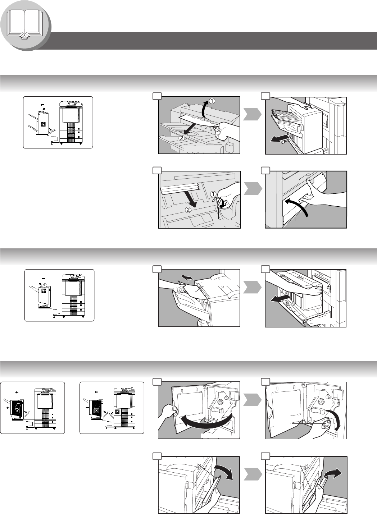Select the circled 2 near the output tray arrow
pos(181,138)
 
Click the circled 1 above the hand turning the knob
pos(213,194)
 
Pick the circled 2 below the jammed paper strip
pos(188,210)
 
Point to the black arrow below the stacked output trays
pos(279,138)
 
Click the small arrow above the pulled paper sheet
pos(187,277)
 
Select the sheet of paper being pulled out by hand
pos(192,290)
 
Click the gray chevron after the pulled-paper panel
pos(253,287)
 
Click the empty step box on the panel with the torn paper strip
pos(157,170)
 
